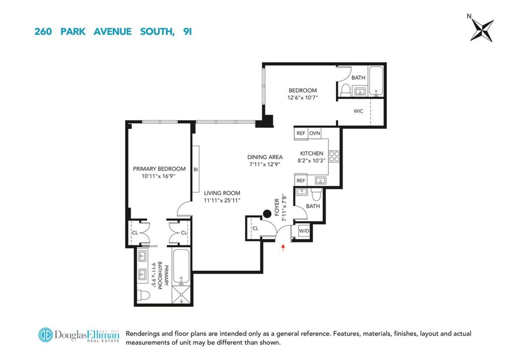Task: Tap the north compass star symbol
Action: pos(482,30)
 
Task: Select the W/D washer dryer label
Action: pos(304,231)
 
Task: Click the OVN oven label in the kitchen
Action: pos(314,133)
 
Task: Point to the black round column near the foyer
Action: pos(267,214)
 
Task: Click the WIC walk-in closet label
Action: pos(358,112)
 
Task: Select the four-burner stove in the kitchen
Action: pos(334,156)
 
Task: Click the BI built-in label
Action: pos(196,169)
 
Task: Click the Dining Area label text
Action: pos(265,157)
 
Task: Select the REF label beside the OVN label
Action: pos(301,133)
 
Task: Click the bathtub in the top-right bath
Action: pos(376,81)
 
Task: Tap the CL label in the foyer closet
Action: pos(255,228)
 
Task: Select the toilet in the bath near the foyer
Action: pos(316,194)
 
